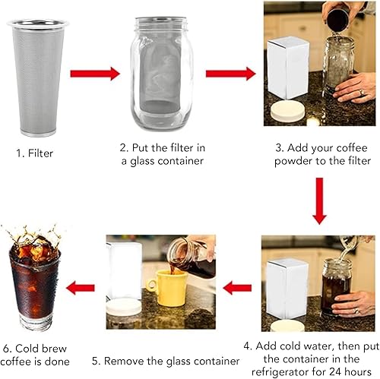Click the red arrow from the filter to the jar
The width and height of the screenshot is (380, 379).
coord(95,74)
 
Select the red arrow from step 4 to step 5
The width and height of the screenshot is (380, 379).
coord(237,288)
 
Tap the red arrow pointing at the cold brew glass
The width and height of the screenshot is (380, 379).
coord(81,288)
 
